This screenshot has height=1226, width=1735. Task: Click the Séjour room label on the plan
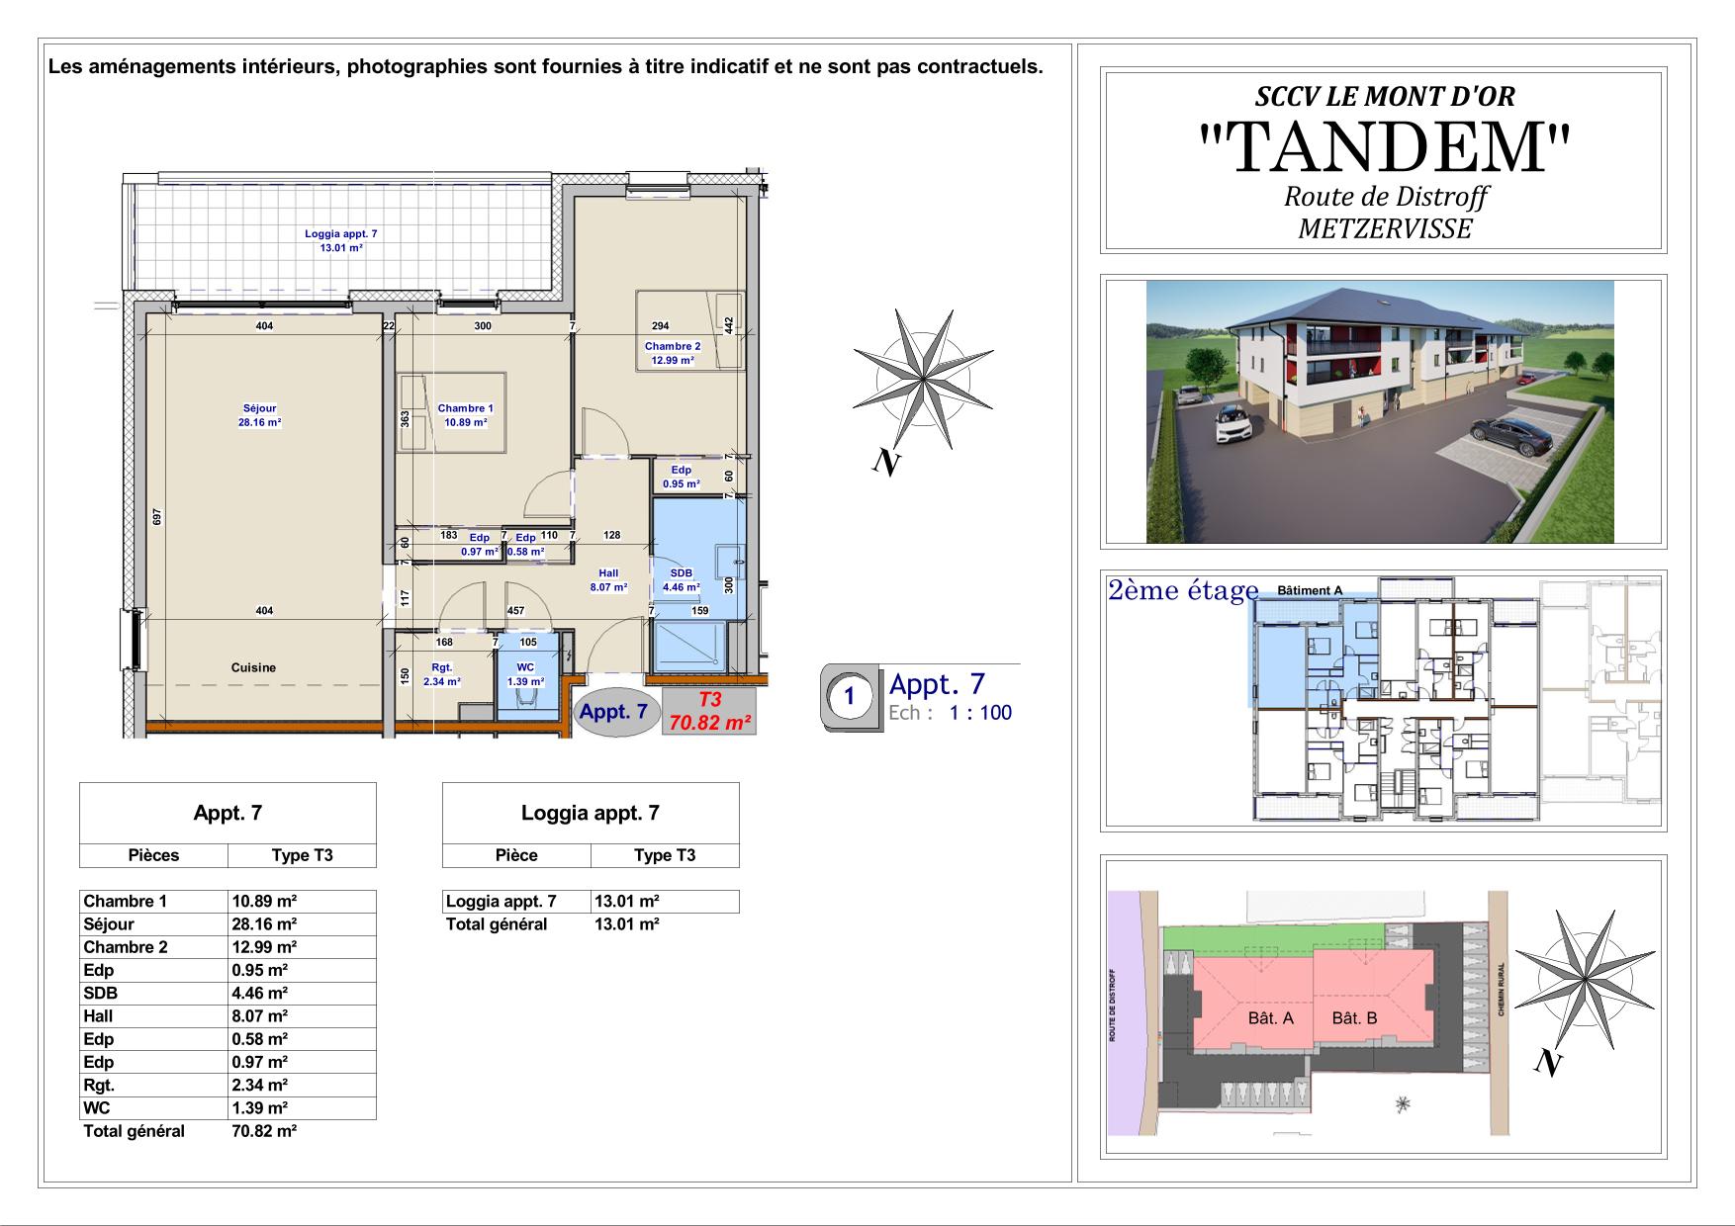(260, 408)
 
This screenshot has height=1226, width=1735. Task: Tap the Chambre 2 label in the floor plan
(673, 346)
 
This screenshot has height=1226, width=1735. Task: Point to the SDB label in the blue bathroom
(682, 573)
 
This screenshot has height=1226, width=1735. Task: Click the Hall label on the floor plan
(608, 573)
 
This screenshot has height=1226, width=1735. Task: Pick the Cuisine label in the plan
(253, 667)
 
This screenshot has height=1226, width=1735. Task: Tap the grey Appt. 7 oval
(613, 712)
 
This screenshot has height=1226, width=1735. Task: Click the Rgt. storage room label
(441, 667)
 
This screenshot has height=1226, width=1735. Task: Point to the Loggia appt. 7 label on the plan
(341, 234)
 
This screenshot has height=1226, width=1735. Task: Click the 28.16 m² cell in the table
(264, 924)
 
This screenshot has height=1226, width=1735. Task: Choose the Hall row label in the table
(98, 1015)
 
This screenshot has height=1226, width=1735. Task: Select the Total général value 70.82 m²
(264, 1131)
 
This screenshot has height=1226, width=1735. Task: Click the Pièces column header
(153, 855)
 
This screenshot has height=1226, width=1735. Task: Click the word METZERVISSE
(1385, 229)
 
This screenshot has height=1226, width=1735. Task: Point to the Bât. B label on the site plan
(1354, 1017)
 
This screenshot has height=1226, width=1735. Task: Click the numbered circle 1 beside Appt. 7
(849, 696)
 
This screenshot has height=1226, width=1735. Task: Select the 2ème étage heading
(1183, 590)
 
